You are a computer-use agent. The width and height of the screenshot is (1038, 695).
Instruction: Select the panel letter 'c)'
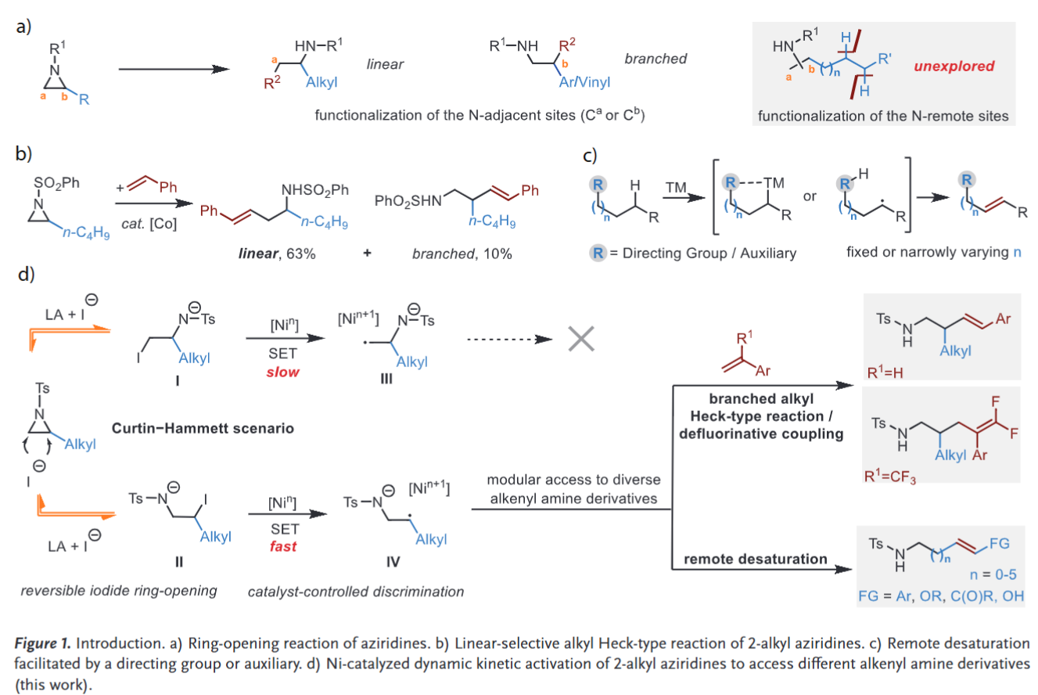(x=593, y=154)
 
